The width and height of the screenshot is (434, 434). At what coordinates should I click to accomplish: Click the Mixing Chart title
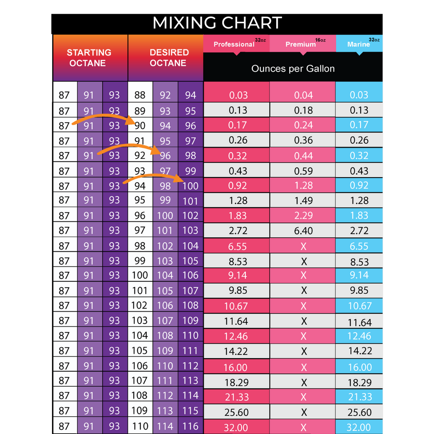click(x=217, y=22)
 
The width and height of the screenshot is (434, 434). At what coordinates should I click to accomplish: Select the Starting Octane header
click(x=89, y=58)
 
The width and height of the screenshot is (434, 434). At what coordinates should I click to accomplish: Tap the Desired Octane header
click(x=169, y=58)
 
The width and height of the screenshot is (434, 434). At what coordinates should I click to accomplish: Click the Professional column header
click(x=234, y=44)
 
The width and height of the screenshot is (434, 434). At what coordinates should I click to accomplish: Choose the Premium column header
click(x=301, y=44)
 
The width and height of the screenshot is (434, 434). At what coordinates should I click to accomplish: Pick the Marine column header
click(x=358, y=44)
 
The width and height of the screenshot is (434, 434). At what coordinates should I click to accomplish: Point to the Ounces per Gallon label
click(x=293, y=69)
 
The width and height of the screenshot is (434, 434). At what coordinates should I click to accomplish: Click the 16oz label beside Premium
click(x=320, y=40)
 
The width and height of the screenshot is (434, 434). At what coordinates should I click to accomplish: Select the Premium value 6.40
click(x=303, y=231)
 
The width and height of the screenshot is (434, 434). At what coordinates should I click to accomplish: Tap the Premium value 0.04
click(x=303, y=95)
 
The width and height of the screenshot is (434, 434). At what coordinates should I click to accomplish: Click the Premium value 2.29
click(x=303, y=216)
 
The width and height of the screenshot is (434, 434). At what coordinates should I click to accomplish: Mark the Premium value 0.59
click(x=303, y=171)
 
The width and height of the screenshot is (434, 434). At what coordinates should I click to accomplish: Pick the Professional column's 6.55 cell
click(x=238, y=247)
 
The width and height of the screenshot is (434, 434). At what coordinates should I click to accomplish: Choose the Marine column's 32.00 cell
click(x=359, y=427)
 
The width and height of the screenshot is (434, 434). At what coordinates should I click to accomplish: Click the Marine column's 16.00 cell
click(x=359, y=367)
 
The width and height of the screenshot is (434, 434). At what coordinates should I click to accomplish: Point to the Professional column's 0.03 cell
click(x=238, y=95)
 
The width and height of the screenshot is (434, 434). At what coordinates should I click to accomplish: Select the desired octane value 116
click(x=190, y=426)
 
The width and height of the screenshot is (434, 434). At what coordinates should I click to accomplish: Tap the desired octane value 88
click(x=140, y=95)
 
